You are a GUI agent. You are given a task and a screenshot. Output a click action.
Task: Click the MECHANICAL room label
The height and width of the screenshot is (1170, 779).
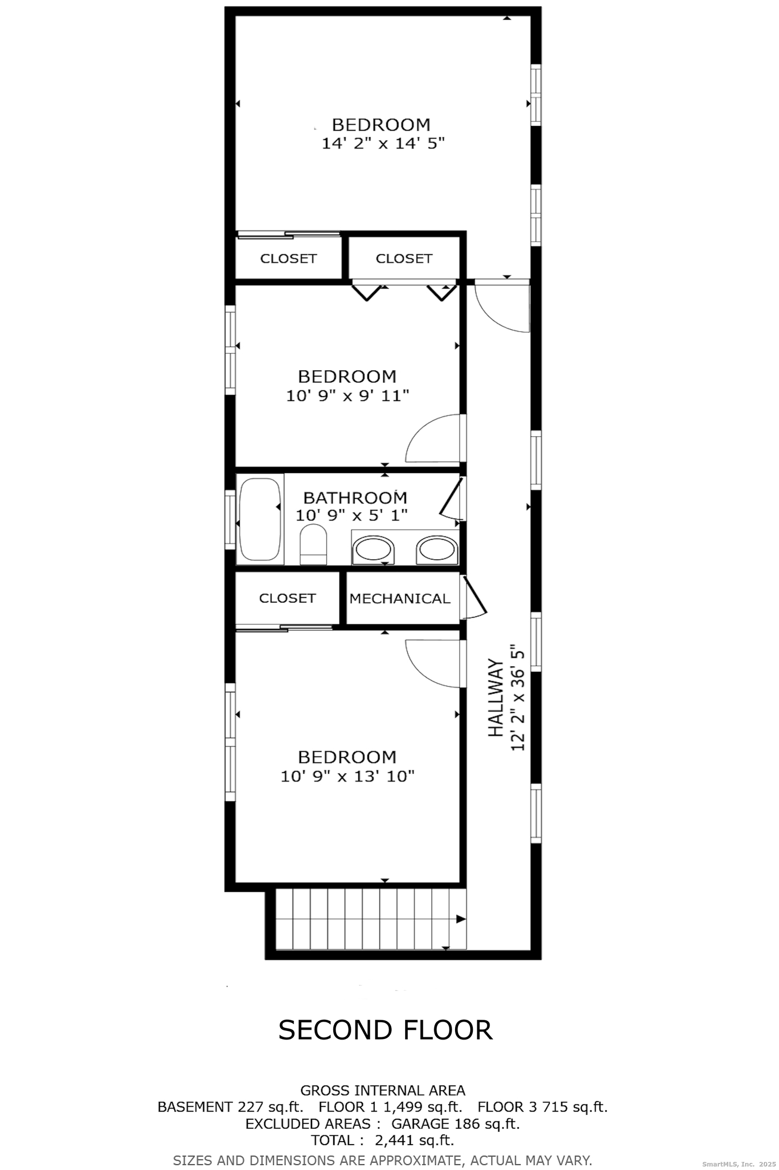[400, 599]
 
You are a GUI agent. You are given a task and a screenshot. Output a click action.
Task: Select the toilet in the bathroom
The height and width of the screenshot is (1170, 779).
[313, 544]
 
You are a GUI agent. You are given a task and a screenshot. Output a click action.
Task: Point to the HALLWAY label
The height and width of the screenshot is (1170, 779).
[495, 698]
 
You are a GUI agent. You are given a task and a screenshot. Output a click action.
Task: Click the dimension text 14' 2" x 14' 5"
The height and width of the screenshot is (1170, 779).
[383, 144]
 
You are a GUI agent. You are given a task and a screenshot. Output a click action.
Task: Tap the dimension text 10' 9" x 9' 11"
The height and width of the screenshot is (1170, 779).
[347, 396]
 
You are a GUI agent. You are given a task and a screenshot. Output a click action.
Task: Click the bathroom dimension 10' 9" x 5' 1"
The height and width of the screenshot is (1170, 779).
[351, 515]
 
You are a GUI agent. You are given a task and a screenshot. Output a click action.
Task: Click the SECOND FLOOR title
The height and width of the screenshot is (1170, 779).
[385, 1030]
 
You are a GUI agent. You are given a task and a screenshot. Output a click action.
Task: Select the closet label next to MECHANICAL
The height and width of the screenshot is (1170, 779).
[287, 598]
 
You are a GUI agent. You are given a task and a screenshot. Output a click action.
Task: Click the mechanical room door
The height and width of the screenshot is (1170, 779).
[473, 597]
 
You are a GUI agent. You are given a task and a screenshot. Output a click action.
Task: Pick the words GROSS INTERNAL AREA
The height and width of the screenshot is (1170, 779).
[383, 1090]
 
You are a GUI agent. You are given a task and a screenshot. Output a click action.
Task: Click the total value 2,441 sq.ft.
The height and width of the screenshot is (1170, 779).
[414, 1141]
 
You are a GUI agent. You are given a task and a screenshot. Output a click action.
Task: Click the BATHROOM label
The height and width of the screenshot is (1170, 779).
[355, 497]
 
